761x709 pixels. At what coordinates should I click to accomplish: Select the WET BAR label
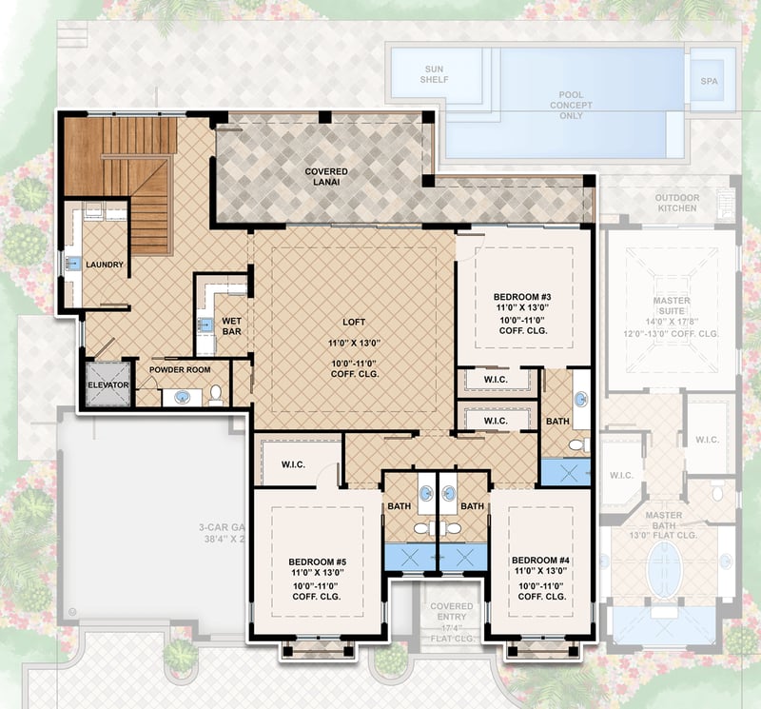pos(232,327)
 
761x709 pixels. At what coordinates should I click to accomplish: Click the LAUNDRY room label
pos(104,265)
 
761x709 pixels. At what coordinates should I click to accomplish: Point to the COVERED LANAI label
pos(325,178)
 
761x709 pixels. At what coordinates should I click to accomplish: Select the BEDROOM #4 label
pos(537,560)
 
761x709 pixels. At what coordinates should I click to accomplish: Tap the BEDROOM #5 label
pos(317,561)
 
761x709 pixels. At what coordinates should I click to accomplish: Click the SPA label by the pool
pos(710,81)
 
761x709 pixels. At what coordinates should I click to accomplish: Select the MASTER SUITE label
pos(671,306)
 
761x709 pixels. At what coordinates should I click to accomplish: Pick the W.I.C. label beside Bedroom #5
pos(292,465)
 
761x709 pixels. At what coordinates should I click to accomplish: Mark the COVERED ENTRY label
pos(451,612)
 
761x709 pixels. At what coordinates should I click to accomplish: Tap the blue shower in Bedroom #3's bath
pos(565,472)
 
